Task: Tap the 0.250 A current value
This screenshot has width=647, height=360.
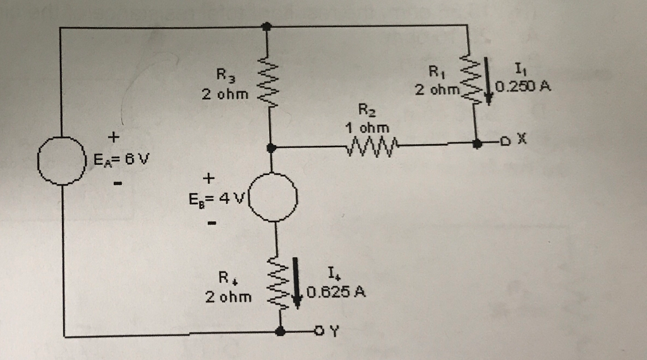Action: point(523,87)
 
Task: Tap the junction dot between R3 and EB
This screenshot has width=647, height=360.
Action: point(271,148)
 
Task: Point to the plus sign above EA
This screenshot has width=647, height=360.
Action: point(113,135)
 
